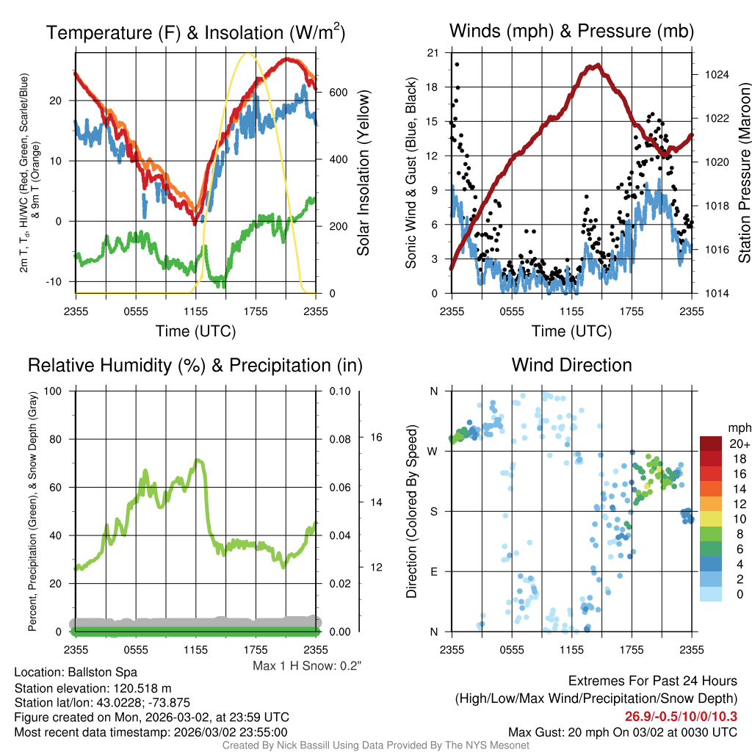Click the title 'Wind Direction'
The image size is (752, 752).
click(571, 365)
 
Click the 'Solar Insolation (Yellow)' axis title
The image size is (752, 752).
click(364, 173)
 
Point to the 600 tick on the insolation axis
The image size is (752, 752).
click(338, 93)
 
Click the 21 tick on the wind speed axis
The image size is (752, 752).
click(433, 53)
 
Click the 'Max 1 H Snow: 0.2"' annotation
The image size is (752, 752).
click(307, 666)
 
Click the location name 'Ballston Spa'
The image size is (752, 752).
click(102, 672)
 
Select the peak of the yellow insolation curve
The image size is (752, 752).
click(248, 54)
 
